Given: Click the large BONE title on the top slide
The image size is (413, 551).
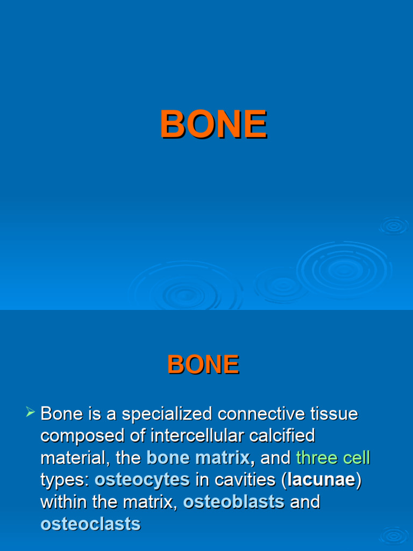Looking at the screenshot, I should coord(213,124).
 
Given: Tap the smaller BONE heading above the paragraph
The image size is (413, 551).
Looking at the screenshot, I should coord(203,365).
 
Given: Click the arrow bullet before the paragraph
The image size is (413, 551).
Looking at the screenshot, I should coord(30,413).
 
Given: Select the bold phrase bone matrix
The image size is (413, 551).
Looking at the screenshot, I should coord(199,458).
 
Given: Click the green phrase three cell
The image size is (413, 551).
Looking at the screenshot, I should coord(333,458).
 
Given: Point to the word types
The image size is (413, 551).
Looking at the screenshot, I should coord(63,480).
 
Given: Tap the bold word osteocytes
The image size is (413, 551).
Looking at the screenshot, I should coord(142,480).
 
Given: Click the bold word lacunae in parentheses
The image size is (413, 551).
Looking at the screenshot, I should coord(322,480).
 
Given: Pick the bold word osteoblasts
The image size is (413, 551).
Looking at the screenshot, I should coord(233,502).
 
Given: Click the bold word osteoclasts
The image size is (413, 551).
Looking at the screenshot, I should coord(90,524).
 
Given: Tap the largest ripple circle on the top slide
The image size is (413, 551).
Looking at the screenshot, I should coord(344,269).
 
